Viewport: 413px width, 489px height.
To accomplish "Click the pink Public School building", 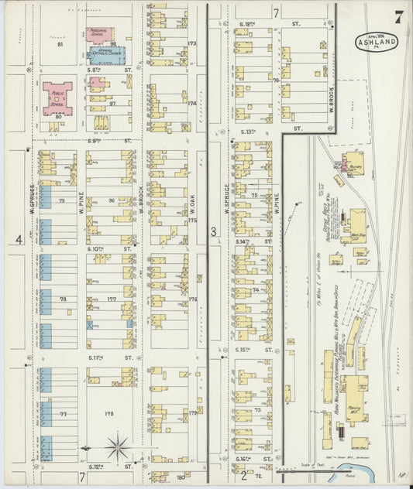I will click(57, 98).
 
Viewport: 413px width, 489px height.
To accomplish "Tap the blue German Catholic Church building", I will click(105, 56).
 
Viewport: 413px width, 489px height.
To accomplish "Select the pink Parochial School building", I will click(99, 34).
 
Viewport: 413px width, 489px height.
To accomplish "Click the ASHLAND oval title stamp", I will click(378, 43).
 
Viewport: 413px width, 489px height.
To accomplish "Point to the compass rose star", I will click(118, 446).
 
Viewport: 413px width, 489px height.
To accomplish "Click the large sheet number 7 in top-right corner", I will click(398, 17).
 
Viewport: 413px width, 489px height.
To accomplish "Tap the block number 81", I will click(59, 45).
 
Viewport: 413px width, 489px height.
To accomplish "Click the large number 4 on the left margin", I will click(18, 240).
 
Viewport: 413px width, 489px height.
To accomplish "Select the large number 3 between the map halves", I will click(212, 231).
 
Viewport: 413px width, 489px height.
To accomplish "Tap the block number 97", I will click(112, 103).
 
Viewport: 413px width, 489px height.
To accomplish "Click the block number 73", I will click(257, 409).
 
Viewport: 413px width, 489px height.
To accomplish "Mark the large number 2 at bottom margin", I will click(243, 474).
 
